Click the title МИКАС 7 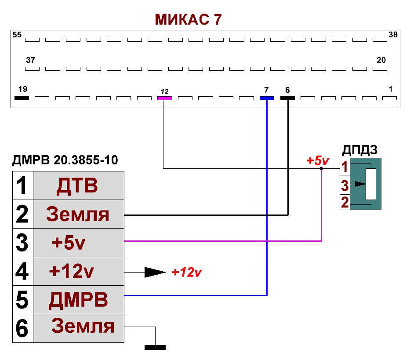(188, 19)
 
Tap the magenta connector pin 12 (164, 98)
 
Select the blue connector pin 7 (267, 98)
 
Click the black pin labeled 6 (287, 98)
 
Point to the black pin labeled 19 (22, 98)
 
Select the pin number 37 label (30, 60)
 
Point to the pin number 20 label (381, 60)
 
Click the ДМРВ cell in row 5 (78, 301)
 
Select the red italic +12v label (186, 273)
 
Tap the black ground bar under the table (155, 348)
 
